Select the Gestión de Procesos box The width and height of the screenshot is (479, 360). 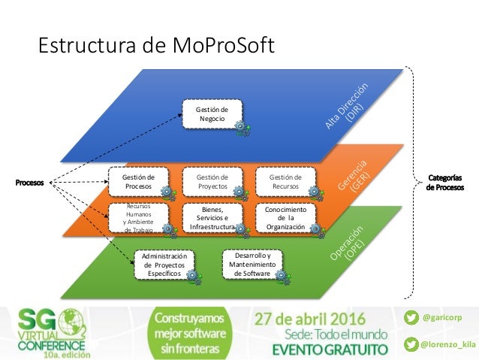pyautogui.click(x=137, y=181)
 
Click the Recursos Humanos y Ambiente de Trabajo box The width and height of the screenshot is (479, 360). pyautogui.click(x=137, y=216)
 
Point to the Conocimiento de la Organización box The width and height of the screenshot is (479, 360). pyautogui.click(x=285, y=216)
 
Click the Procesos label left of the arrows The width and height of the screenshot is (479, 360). pyautogui.click(x=29, y=182)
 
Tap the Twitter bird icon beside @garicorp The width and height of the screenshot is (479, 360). pyautogui.click(x=410, y=318)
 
